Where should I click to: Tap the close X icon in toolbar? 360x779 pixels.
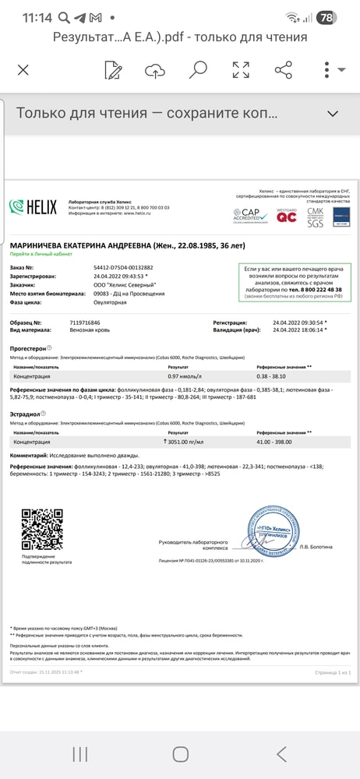[x=23, y=70]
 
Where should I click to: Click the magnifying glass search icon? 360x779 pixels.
[x=198, y=70]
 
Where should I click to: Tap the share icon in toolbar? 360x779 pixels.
[x=284, y=70]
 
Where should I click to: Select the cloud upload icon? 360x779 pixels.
[x=155, y=70]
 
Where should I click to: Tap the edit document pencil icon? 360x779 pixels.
[x=113, y=70]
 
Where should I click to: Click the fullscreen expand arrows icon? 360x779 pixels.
[x=241, y=70]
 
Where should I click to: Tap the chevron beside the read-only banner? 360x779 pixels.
[x=333, y=114]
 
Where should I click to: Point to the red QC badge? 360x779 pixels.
[x=287, y=215]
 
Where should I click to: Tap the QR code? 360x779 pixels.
[x=41, y=530]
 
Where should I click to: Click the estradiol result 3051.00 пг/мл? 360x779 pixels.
[x=189, y=442]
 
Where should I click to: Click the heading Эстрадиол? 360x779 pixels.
[x=26, y=413]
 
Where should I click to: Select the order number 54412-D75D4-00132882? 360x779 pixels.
[x=123, y=267]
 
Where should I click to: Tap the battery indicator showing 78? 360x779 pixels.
[x=327, y=17]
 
